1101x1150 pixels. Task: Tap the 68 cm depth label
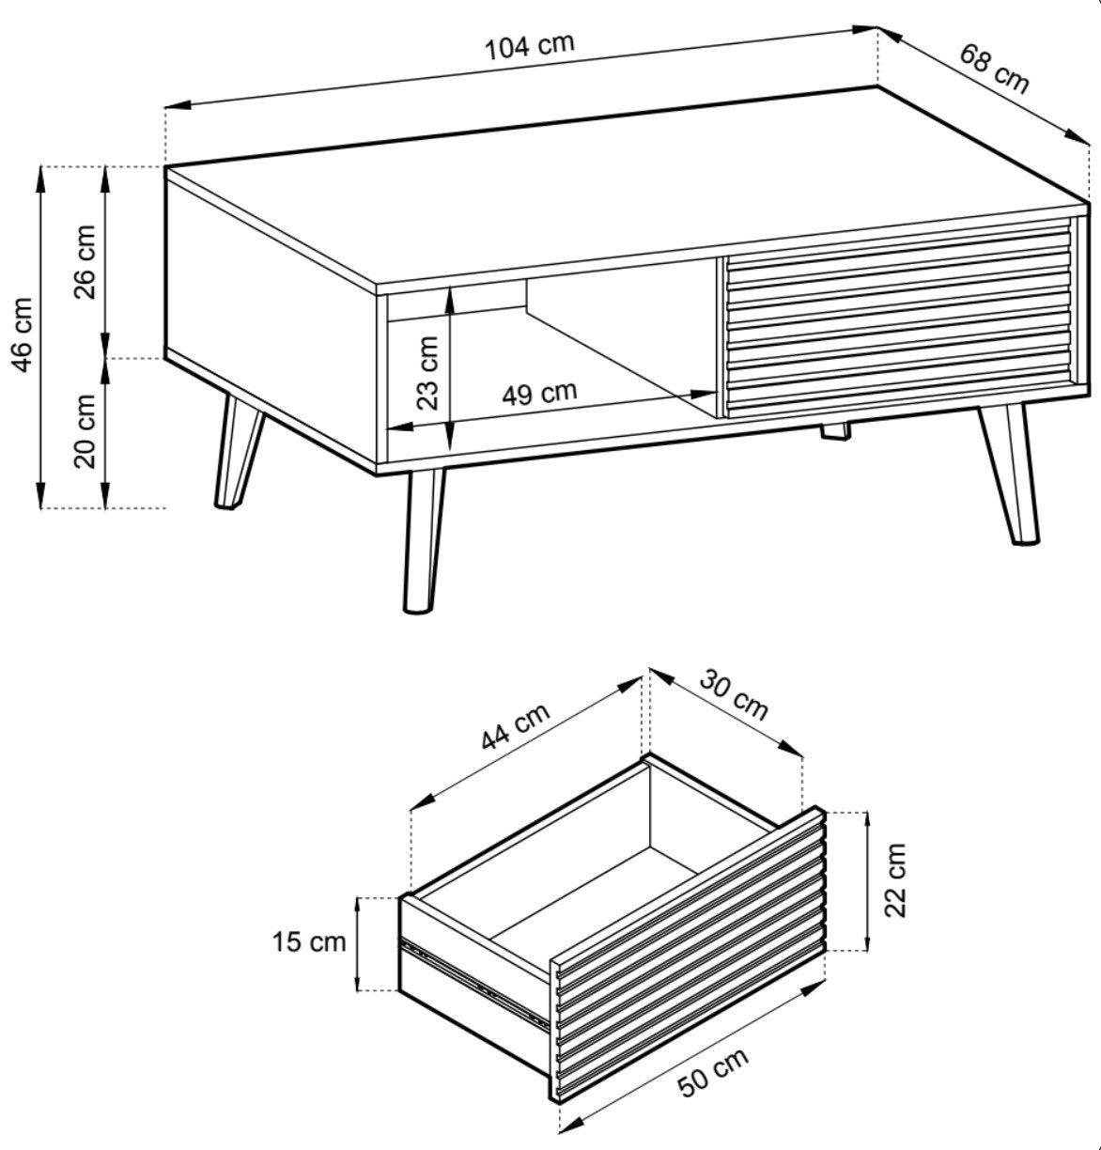point(994,70)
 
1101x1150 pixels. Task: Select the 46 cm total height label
point(22,334)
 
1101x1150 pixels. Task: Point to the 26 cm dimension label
point(85,262)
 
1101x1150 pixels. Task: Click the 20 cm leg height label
point(85,431)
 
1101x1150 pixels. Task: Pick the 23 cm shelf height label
point(427,373)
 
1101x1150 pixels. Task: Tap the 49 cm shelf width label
point(539,394)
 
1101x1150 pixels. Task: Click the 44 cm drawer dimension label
point(516,725)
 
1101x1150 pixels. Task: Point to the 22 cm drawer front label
point(895,880)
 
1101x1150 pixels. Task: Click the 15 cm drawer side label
point(308,942)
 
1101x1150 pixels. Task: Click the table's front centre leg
point(423,540)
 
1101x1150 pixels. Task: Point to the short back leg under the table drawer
point(834,431)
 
